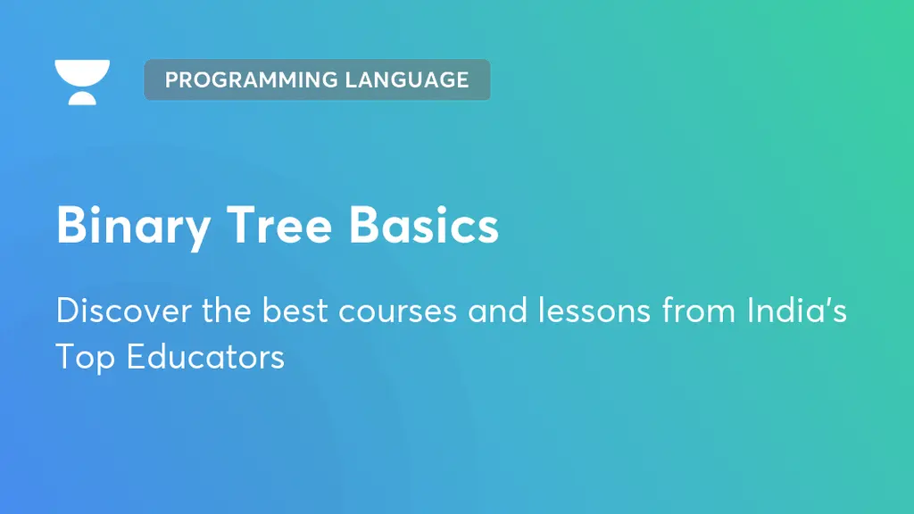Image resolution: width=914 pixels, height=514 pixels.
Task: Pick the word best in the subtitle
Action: [x=292, y=311]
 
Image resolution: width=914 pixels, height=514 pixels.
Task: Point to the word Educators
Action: [x=205, y=357]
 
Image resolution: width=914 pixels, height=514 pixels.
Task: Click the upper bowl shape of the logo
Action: [x=82, y=70]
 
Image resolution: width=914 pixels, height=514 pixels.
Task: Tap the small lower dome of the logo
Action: [x=82, y=97]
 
